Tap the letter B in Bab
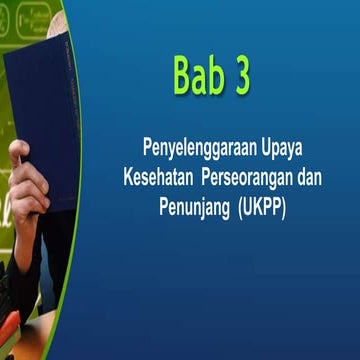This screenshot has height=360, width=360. tap(183, 76)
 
